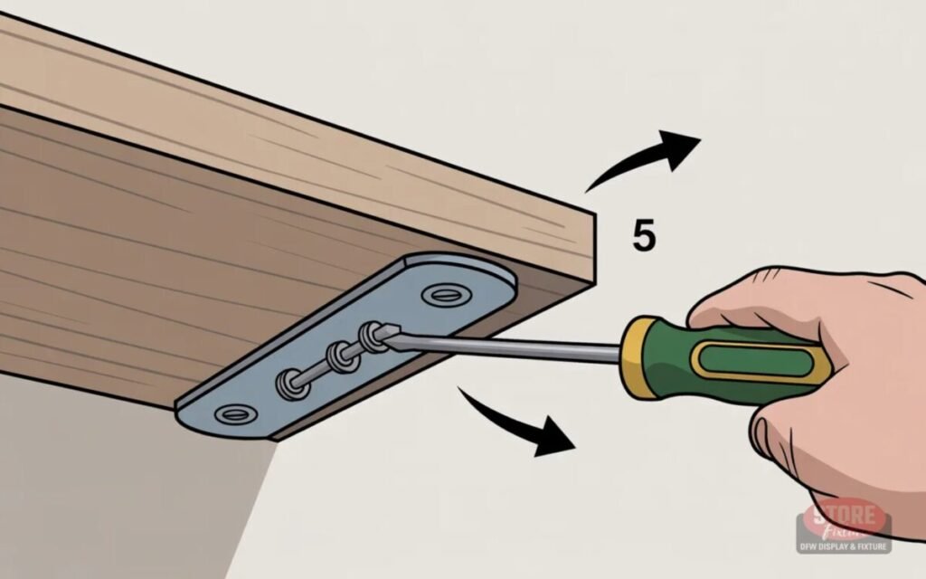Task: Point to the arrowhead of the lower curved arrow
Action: click(553, 440)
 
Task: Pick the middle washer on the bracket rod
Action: click(341, 356)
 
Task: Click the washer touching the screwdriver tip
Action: click(371, 337)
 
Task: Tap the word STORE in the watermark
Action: click(843, 517)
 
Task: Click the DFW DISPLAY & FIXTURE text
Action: click(843, 546)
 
